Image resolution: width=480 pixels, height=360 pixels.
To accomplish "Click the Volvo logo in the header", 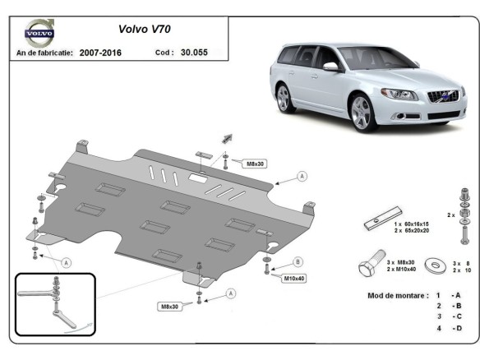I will point(39,35).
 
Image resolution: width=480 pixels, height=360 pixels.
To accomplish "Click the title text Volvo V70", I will point(144,28).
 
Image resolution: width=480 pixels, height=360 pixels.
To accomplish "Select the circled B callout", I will point(298,263).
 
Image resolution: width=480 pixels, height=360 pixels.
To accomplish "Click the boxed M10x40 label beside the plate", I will point(295,278).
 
